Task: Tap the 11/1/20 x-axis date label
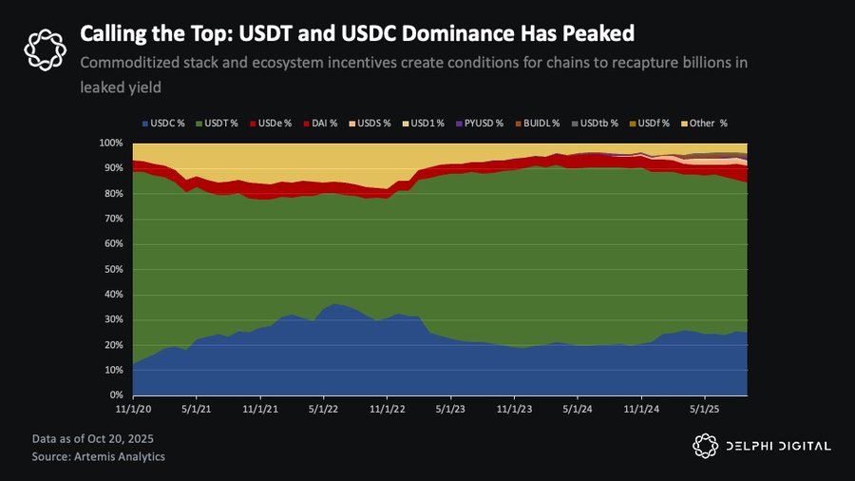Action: coord(133,410)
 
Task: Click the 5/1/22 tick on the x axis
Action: coord(324,410)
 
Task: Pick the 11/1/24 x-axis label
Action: coord(641,410)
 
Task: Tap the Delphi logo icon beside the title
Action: coord(44,48)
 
